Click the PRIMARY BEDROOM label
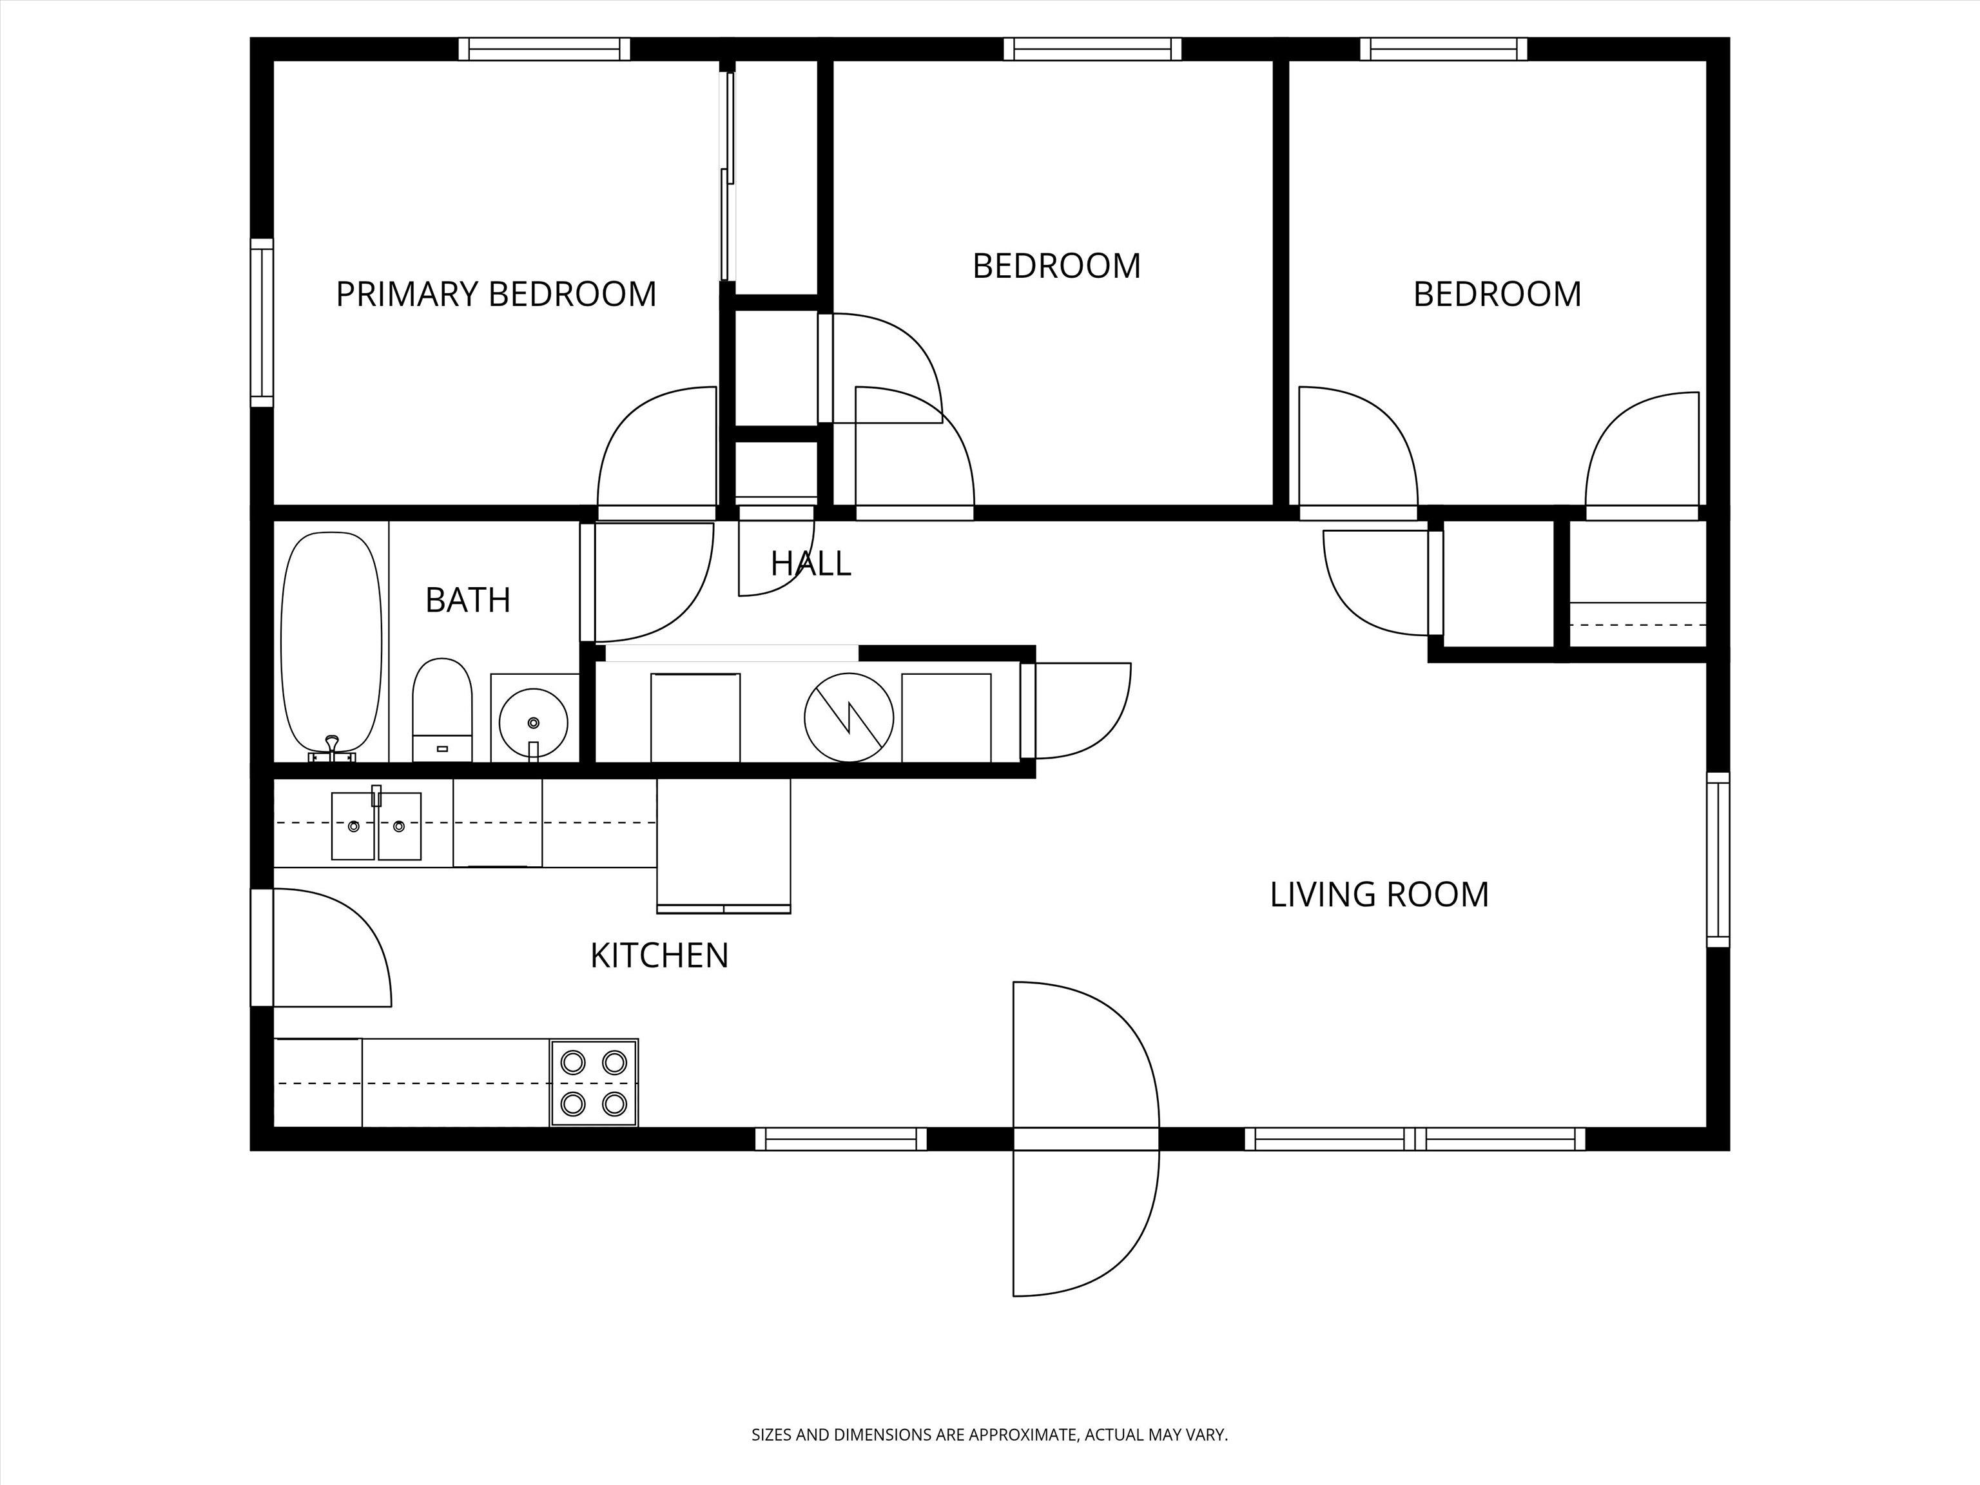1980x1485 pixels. pyautogui.click(x=496, y=295)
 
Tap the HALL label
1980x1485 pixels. pyautogui.click(x=811, y=563)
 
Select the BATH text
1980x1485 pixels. pyautogui.click(x=468, y=599)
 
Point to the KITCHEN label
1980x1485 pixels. pyautogui.click(x=660, y=956)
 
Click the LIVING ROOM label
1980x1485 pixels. pyautogui.click(x=1379, y=894)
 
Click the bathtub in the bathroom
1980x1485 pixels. pyautogui.click(x=331, y=645)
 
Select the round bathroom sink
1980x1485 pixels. pyautogui.click(x=534, y=721)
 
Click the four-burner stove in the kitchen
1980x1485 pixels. pyautogui.click(x=594, y=1083)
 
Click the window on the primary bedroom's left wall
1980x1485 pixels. pyautogui.click(x=262, y=322)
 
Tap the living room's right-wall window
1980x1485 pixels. pyautogui.click(x=1718, y=859)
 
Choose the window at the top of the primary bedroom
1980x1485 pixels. pyautogui.click(x=544, y=49)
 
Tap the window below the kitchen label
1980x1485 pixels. pyautogui.click(x=841, y=1139)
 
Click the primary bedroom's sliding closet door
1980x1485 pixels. pyautogui.click(x=727, y=175)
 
